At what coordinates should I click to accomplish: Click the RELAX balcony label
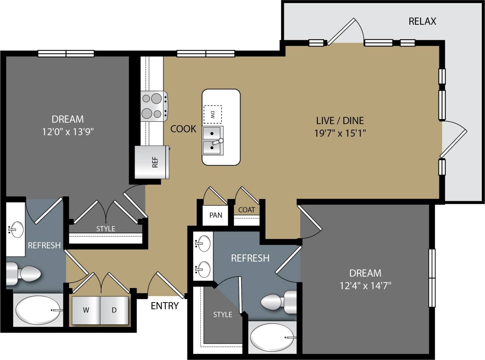(x=422, y=21)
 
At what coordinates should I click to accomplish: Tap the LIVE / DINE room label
(x=340, y=121)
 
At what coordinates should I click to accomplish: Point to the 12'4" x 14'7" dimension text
(x=365, y=285)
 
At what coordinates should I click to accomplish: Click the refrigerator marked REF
(x=152, y=162)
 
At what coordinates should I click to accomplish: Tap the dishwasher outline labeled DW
(x=212, y=114)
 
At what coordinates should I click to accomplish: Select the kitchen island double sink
(x=213, y=140)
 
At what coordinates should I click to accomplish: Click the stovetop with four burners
(x=153, y=106)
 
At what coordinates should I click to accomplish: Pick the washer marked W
(x=86, y=310)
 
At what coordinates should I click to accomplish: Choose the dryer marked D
(x=114, y=310)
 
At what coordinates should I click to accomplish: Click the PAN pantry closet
(x=215, y=215)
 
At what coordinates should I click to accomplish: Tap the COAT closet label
(x=246, y=210)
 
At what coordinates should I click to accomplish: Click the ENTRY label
(x=165, y=306)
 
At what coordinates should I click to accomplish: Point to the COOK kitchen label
(x=183, y=129)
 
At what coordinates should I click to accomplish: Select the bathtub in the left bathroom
(x=38, y=310)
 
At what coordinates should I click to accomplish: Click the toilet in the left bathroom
(x=25, y=273)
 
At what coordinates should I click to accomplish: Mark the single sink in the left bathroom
(x=15, y=229)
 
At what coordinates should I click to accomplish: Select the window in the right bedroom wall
(x=432, y=278)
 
